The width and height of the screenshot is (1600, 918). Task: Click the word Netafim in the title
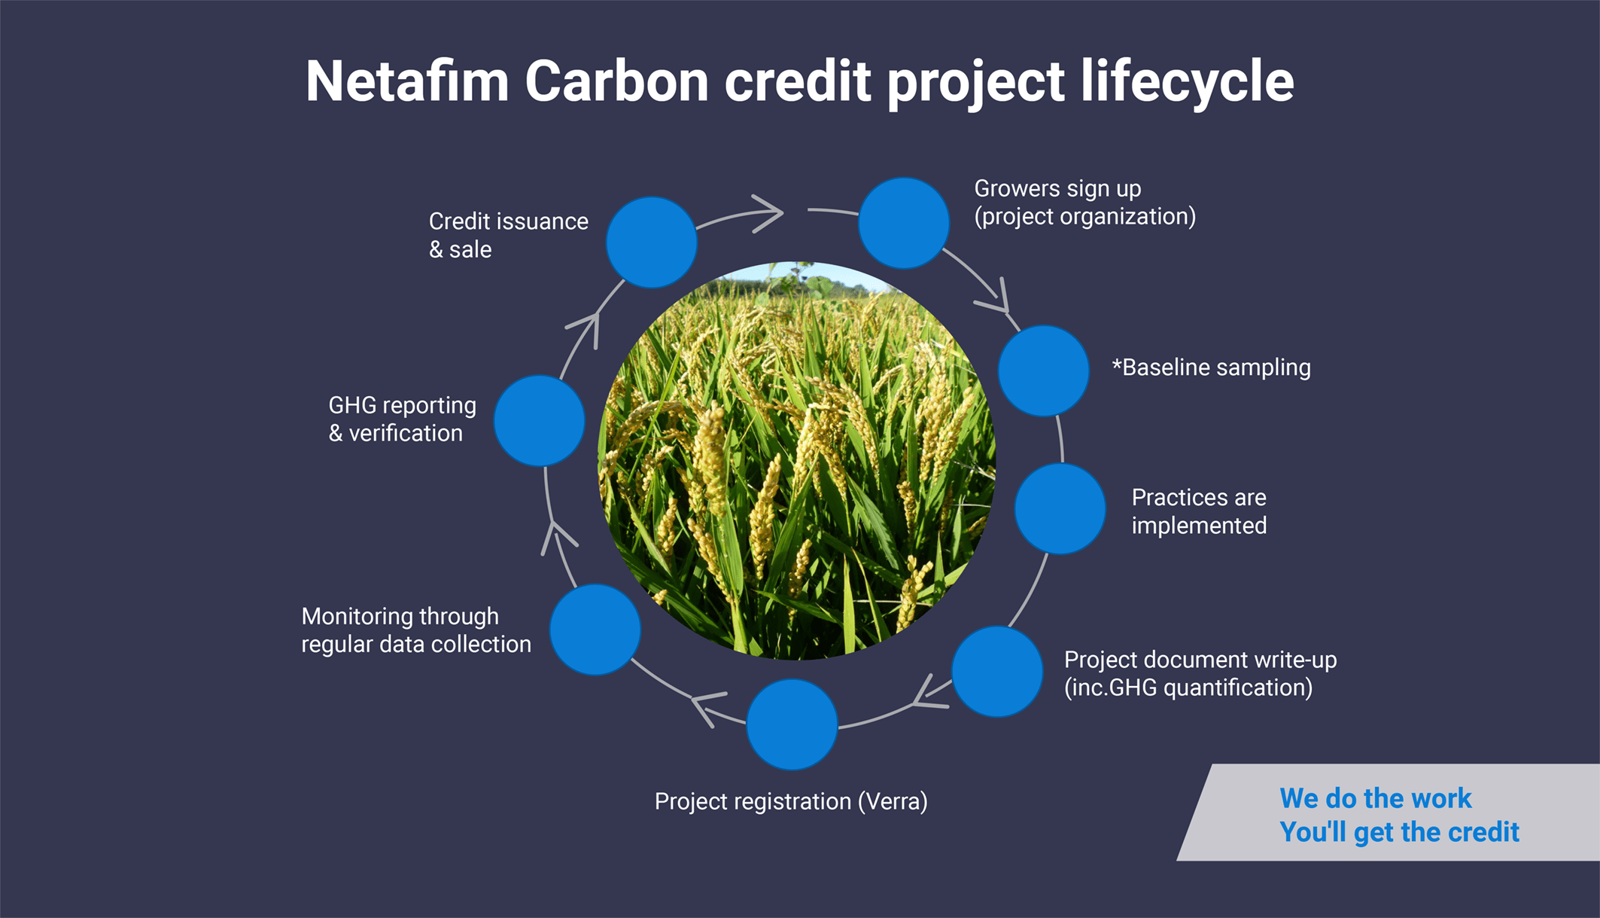pos(407,81)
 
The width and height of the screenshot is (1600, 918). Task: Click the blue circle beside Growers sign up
pos(903,223)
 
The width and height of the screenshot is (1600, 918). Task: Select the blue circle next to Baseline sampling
pos(1043,371)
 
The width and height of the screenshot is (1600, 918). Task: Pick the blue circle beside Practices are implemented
pos(1060,509)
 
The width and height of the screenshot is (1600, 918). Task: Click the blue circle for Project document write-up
pos(996,671)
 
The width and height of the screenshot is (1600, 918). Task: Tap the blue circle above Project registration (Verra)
pos(792,724)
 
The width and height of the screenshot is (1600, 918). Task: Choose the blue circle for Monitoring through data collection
pos(595,630)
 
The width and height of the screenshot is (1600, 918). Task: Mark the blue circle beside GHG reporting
pos(539,420)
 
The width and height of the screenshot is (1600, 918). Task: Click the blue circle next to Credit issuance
pos(652,242)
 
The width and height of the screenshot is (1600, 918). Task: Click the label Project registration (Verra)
pos(791,802)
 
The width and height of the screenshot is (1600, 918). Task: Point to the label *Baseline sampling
pos(1212,368)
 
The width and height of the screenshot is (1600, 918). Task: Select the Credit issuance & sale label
pos(509,235)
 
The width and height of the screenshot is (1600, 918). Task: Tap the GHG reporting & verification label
pos(403,419)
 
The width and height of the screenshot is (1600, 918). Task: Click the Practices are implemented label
pos(1199,511)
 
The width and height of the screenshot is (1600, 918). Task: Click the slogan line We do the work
pos(1376,798)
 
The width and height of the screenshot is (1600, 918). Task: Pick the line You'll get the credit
pos(1399,832)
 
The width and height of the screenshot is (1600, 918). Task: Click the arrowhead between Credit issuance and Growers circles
pos(768,214)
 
